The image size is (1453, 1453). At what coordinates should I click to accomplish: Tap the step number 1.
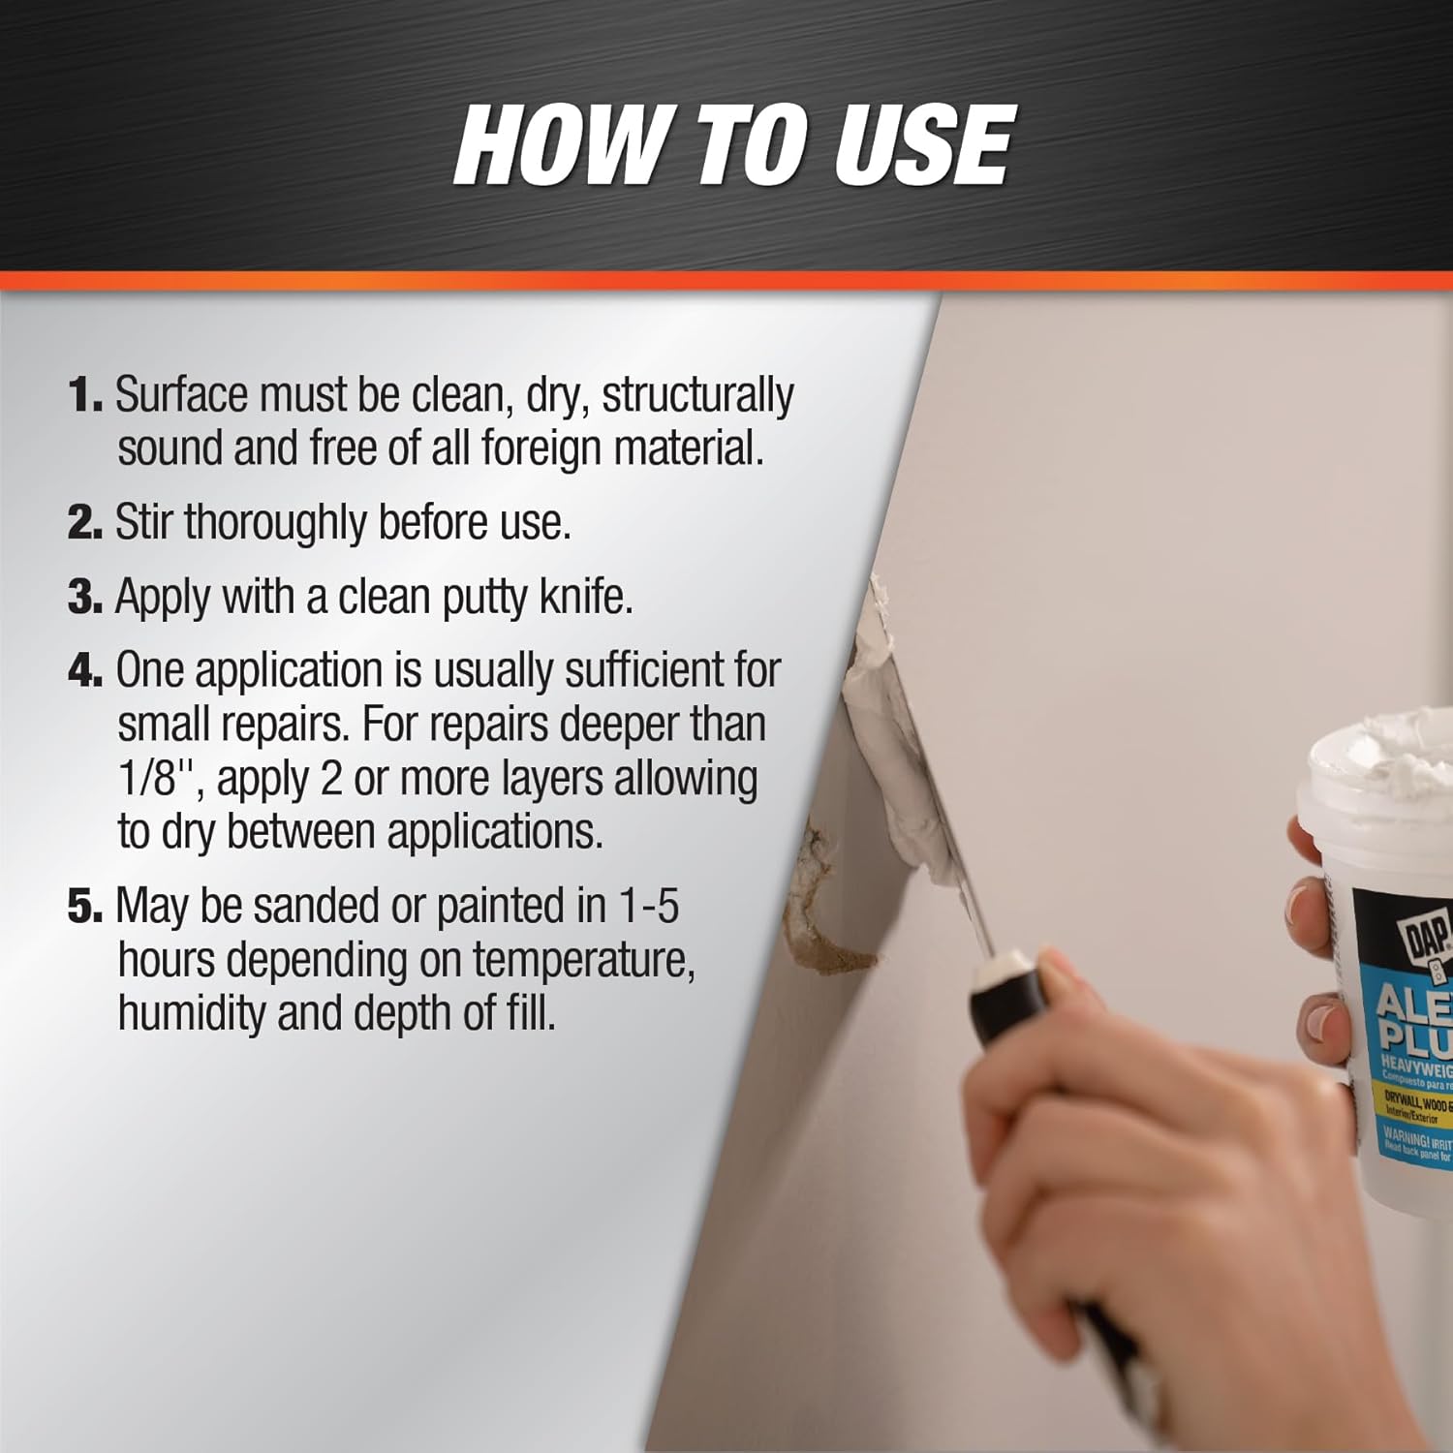click(x=84, y=395)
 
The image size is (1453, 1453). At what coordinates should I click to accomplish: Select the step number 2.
click(x=84, y=523)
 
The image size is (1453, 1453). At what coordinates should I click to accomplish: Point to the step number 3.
click(x=84, y=597)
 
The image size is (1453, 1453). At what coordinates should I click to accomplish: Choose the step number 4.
click(x=84, y=670)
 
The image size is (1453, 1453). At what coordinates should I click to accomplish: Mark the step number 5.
click(x=84, y=907)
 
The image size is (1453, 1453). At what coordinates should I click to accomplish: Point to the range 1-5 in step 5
click(x=648, y=907)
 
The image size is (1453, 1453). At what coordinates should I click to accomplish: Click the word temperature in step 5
click(x=583, y=961)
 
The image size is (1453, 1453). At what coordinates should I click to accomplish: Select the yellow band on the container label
click(x=1416, y=1107)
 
